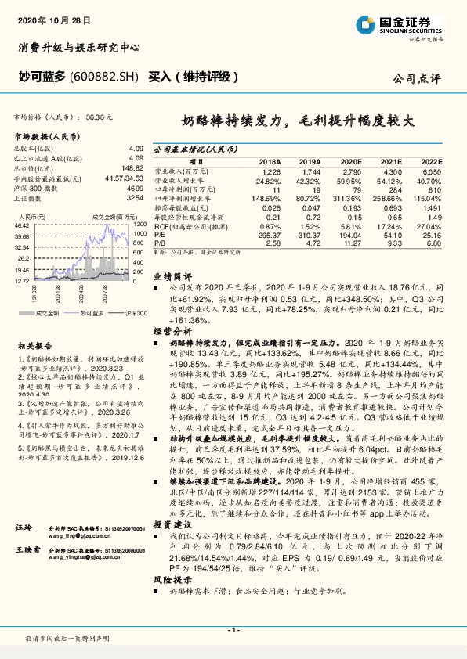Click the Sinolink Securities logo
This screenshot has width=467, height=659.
point(402,26)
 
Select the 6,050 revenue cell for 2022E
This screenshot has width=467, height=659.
point(431,170)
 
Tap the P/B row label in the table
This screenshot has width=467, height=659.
point(159,243)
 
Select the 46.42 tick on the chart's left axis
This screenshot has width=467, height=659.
point(22,225)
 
